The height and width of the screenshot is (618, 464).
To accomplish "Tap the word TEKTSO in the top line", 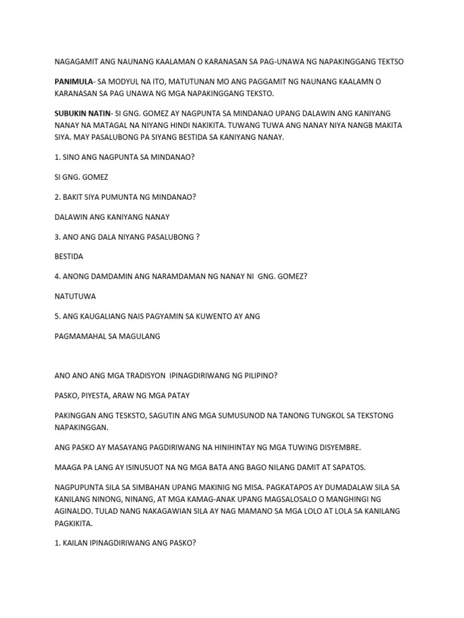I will (388, 62).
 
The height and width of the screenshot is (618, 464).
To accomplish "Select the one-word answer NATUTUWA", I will (75, 296).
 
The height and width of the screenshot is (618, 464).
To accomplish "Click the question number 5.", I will (57, 316).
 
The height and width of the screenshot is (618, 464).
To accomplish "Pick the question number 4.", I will (57, 276).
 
